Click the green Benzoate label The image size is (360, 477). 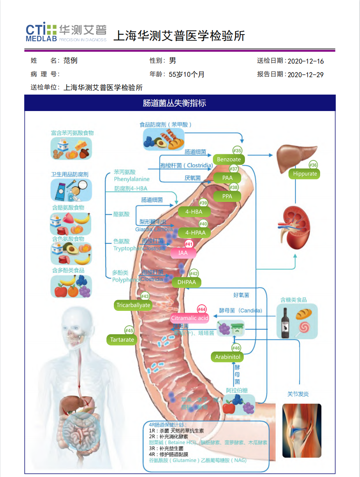point(229,159)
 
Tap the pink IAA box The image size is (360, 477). point(183,253)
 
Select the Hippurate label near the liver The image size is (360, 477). point(305,174)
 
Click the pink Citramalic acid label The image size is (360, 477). point(189,318)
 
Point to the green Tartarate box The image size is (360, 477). point(122,340)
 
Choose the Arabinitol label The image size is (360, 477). point(227,357)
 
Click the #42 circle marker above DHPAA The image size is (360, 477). point(194,273)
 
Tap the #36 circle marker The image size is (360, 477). point(313,165)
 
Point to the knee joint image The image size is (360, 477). point(302,430)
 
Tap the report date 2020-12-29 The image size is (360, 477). point(305,74)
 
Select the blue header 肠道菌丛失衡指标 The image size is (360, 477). point(180,103)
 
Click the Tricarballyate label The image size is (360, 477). point(134,305)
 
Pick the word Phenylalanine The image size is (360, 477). point(132,179)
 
